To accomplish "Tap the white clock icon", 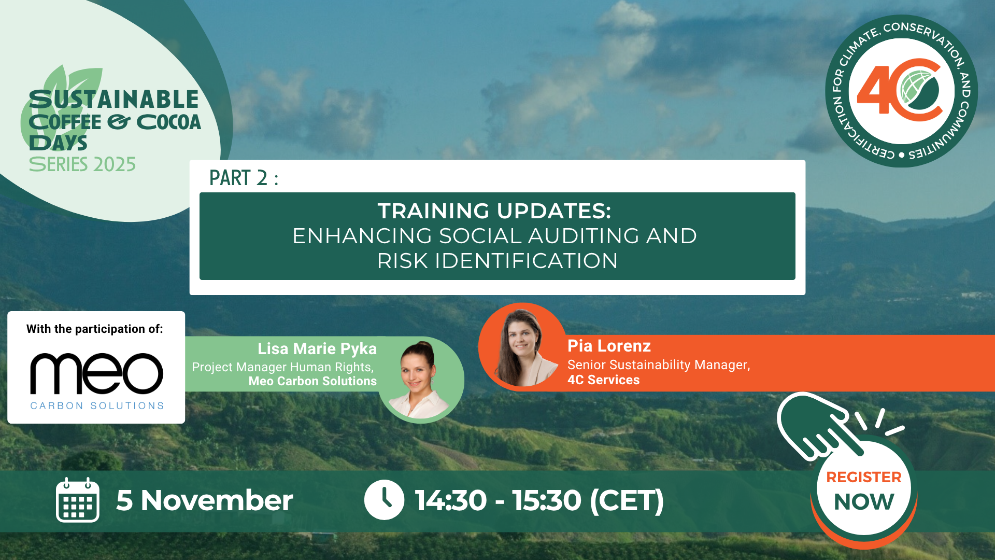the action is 384,500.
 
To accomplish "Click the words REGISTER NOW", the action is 864,490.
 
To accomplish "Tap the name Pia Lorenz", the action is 609,345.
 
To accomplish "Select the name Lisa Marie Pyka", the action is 317,348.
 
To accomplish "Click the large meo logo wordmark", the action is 97,373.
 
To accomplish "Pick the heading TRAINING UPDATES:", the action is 494,211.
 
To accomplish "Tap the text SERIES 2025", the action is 82,164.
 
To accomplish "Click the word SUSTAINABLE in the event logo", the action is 114,99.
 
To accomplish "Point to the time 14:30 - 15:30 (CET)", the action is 539,500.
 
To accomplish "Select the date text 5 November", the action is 205,500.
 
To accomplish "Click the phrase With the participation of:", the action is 95,329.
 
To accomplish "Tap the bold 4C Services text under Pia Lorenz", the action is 603,380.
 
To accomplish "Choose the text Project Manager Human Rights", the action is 282,367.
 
